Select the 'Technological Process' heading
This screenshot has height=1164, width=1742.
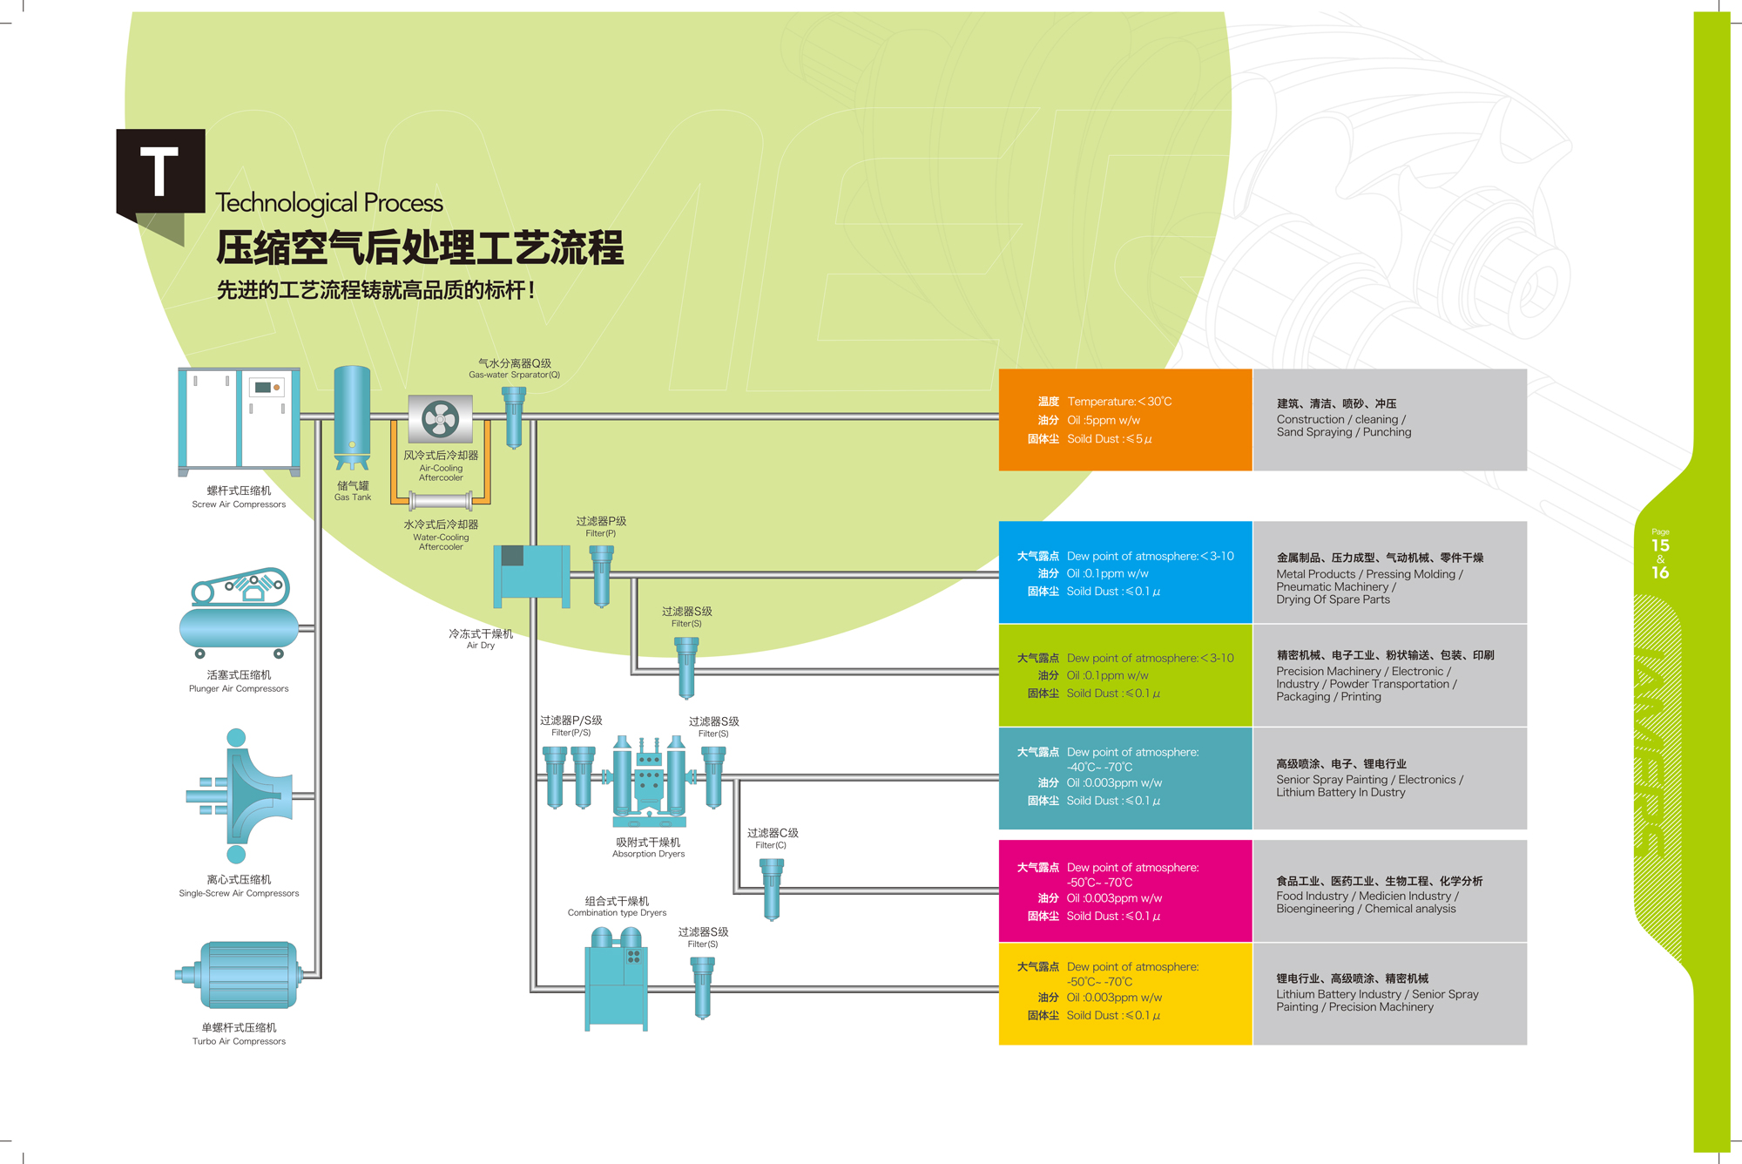329,203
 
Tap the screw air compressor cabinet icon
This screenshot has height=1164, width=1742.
239,421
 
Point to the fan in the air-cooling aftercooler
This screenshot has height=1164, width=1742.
440,419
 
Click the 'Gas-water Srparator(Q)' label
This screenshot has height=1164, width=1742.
514,375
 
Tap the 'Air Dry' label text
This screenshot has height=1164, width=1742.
480,646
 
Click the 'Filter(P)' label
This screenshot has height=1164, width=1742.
600,533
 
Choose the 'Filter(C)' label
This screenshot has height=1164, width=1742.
771,845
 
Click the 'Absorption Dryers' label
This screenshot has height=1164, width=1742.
648,854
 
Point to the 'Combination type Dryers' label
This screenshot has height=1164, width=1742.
617,913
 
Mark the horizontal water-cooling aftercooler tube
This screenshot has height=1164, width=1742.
441,500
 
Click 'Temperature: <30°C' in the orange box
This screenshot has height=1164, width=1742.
1119,402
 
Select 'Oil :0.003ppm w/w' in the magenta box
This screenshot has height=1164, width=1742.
1114,898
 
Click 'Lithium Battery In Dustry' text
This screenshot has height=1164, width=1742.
1340,793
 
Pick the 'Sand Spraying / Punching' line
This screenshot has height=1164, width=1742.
1344,432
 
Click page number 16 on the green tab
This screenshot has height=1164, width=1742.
1660,572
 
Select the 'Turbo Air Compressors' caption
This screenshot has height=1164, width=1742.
239,1041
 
